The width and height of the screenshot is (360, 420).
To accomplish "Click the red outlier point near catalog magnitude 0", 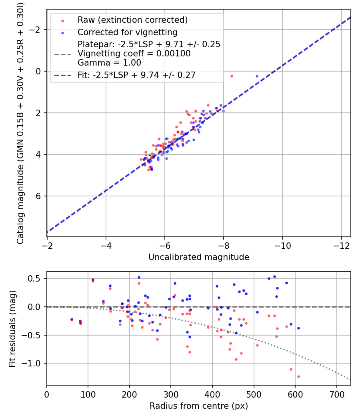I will coord(232,76).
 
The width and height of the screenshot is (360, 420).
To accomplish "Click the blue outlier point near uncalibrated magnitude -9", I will coord(257,76).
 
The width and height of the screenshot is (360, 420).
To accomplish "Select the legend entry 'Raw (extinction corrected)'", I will coord(132,20).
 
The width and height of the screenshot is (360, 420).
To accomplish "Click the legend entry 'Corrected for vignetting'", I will coord(127,32).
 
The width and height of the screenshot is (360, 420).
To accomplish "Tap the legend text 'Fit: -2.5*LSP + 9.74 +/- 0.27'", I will coord(136,75).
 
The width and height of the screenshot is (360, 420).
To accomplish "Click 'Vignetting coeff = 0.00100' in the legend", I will coord(134,53).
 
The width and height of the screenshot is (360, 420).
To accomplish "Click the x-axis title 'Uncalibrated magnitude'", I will coord(199,257).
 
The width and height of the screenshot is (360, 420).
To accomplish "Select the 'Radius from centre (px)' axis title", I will coord(199,406).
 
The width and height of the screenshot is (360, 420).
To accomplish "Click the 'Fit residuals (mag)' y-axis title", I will coord(12,328).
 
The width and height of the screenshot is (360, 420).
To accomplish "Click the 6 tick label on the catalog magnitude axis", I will coord(39,196).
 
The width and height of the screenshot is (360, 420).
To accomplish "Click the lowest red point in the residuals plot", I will coord(298,376).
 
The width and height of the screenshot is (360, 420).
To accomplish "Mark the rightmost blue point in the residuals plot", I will coord(298,328).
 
